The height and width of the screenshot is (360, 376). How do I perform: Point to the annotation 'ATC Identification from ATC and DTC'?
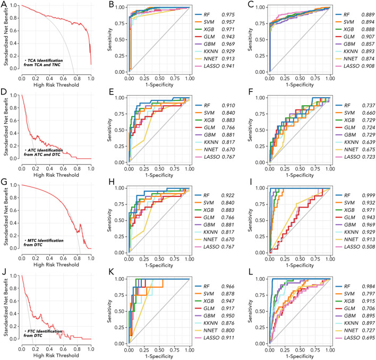point(44,147)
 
